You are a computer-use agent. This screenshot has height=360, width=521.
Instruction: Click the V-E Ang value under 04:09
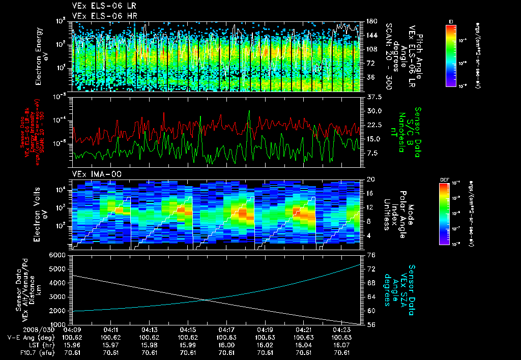point(72,337)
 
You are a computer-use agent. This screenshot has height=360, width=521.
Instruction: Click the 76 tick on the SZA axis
point(371,255)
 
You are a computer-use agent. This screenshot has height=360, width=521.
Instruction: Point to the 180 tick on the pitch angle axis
point(371,21)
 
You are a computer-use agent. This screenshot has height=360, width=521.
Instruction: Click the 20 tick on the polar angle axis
point(371,179)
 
